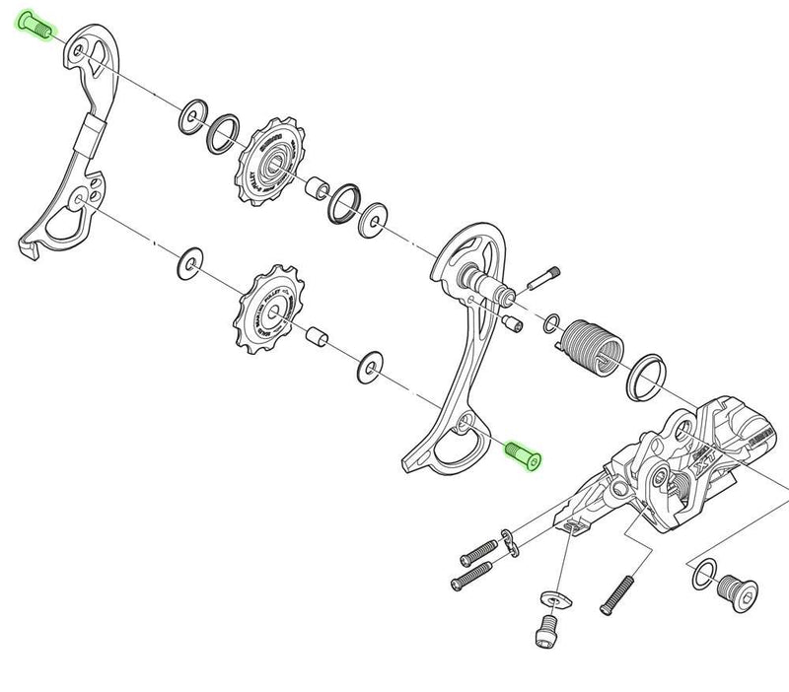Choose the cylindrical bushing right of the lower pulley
[317, 336]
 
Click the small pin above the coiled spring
[544, 277]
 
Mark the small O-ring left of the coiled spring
[552, 320]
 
